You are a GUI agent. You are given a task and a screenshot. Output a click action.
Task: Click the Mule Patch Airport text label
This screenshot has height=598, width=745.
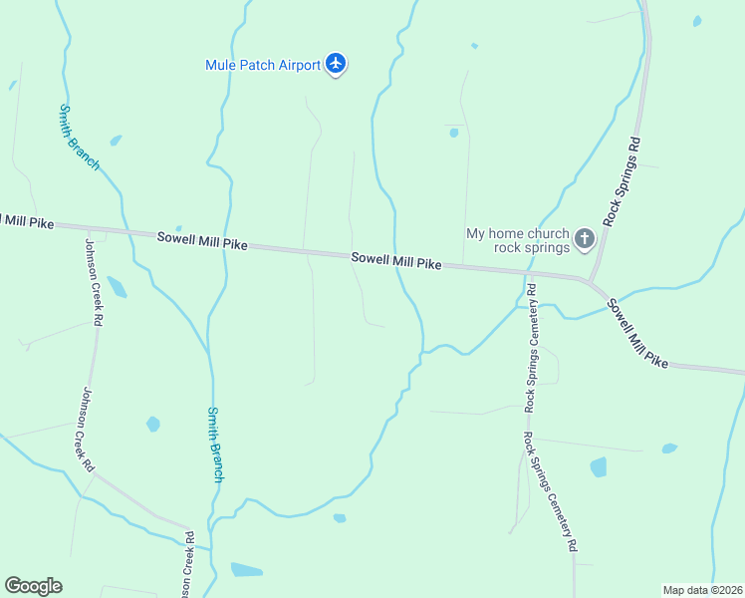point(263,65)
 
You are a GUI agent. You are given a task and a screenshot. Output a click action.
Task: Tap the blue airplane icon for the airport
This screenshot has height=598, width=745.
point(336,65)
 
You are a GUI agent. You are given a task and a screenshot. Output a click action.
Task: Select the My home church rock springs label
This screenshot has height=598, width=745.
point(518,240)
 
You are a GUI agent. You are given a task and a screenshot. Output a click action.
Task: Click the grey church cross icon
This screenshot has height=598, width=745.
point(585,239)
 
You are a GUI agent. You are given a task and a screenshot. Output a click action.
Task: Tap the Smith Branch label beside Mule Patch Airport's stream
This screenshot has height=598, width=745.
point(79,137)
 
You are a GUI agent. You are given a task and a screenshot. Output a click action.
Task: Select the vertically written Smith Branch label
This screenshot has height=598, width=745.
point(215,445)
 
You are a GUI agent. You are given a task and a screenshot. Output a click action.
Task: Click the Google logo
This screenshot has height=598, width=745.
point(33,586)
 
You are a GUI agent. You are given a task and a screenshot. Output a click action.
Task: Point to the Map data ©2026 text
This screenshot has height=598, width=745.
point(702,590)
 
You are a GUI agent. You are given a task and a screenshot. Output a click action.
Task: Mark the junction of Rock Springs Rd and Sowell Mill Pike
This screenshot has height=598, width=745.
point(591,280)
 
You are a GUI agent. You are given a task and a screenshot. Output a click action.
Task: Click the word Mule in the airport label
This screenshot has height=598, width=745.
point(222,65)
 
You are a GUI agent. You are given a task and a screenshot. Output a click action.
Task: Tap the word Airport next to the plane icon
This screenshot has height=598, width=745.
point(296,65)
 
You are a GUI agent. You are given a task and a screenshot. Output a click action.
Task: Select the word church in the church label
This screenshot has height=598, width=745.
point(547,233)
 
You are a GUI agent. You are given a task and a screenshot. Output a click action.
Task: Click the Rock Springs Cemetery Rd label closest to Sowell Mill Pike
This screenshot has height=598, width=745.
point(533,348)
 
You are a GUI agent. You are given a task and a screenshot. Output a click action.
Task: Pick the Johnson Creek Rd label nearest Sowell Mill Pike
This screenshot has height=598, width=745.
point(95,283)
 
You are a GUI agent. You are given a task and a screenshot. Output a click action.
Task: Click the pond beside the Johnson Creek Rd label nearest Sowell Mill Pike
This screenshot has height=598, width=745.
point(117,287)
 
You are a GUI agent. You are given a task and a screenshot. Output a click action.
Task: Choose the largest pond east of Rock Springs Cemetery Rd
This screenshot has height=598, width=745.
point(599,466)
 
